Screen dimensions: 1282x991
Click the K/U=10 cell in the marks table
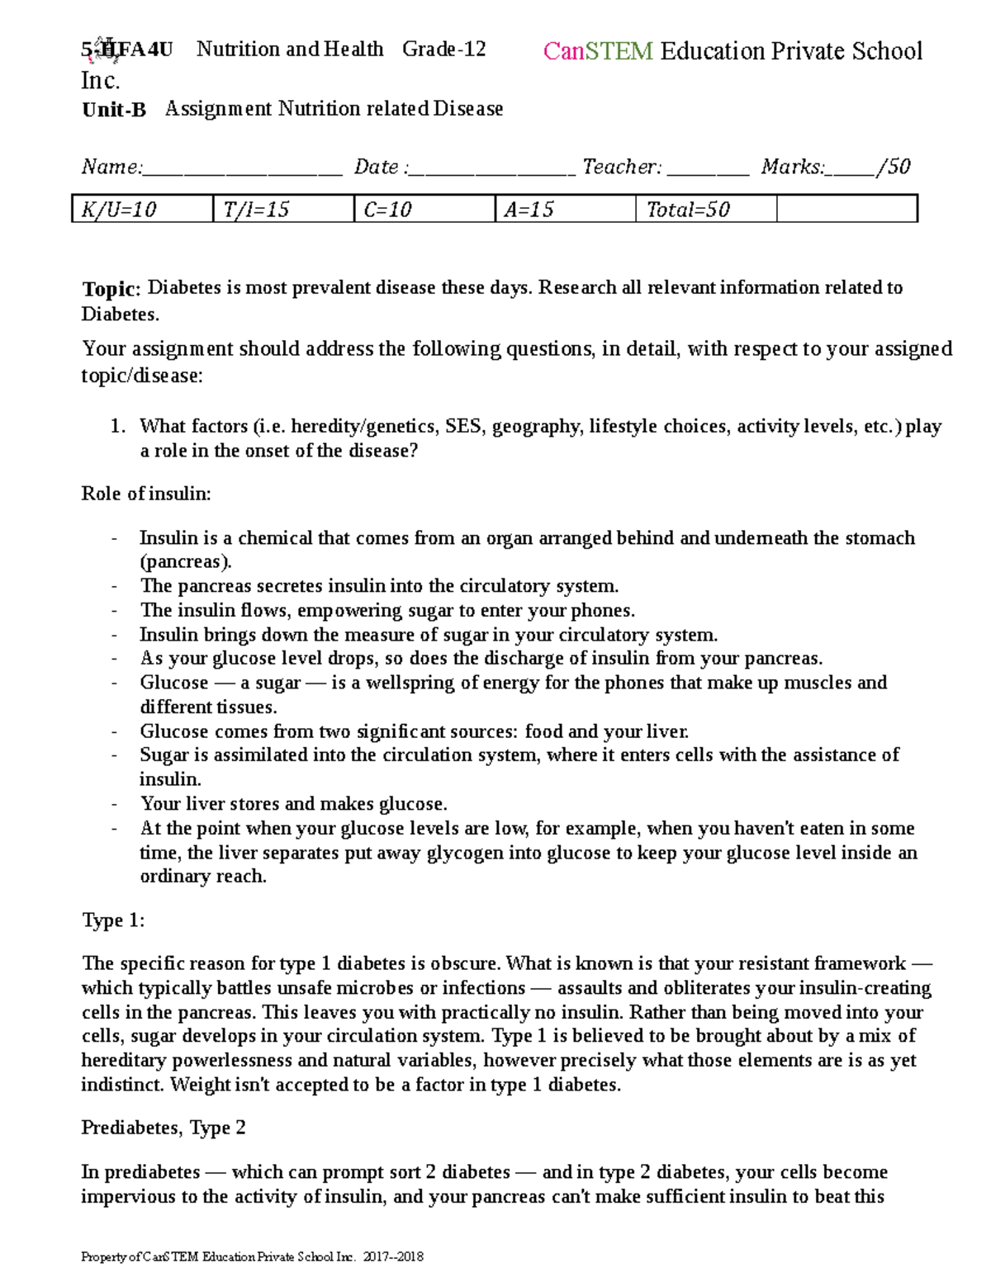click(x=142, y=210)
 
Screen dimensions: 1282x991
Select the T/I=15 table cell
click(x=282, y=210)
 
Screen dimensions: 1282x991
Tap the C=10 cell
click(x=424, y=210)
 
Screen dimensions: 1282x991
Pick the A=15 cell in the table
click(x=565, y=210)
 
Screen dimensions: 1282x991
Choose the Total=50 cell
click(x=706, y=210)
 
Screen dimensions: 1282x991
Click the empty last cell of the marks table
click(x=846, y=210)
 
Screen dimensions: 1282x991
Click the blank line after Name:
click(x=242, y=169)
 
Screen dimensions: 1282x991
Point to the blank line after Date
click(x=492, y=169)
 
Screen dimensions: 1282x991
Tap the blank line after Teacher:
click(x=708, y=169)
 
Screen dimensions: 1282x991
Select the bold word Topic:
click(x=111, y=289)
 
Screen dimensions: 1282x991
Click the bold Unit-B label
click(x=114, y=110)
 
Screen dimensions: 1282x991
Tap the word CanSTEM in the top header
click(x=598, y=51)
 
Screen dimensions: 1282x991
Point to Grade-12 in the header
click(x=443, y=50)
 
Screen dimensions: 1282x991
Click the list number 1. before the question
click(x=117, y=427)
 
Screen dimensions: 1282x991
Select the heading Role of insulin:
click(x=146, y=494)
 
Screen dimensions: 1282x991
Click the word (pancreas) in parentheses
click(x=184, y=562)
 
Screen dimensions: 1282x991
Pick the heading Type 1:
click(x=113, y=920)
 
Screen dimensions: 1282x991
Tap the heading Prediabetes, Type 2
click(x=164, y=1128)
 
